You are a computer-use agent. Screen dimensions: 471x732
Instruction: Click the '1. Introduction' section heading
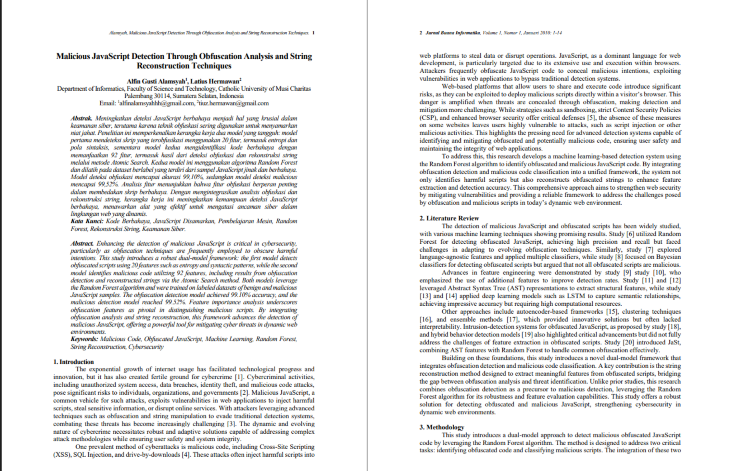coord(73,362)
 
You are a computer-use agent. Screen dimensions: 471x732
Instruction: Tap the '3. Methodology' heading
coord(441,427)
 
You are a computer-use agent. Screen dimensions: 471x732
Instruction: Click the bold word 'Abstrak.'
coord(81,118)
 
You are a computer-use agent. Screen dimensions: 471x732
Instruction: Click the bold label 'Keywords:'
coord(84,339)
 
